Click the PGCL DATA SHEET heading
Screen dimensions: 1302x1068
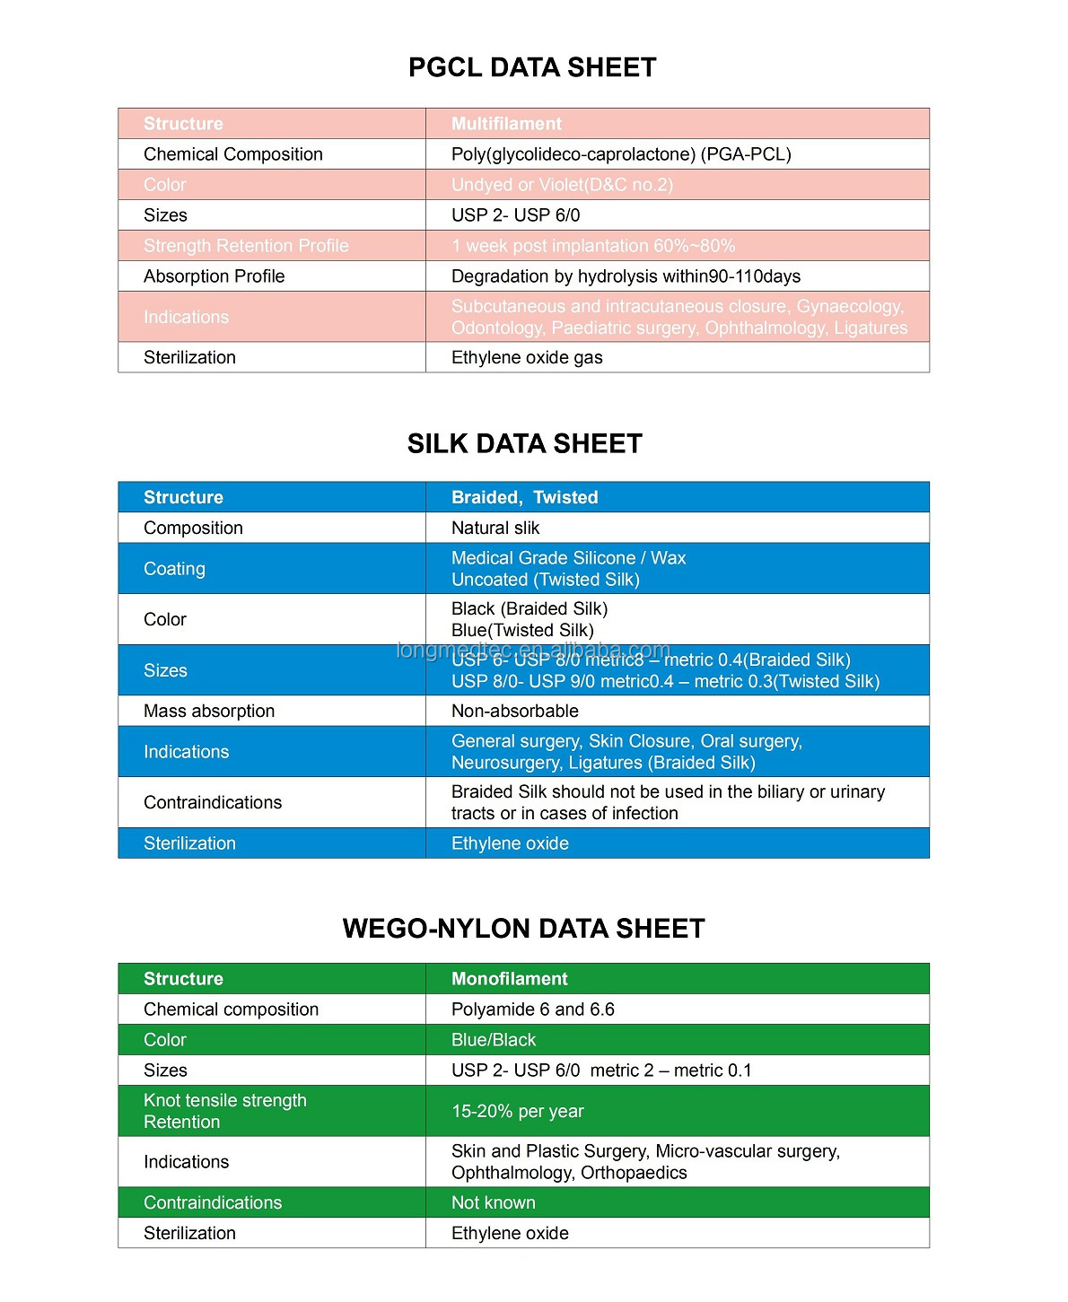click(x=532, y=67)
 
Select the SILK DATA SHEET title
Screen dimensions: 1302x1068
click(x=524, y=443)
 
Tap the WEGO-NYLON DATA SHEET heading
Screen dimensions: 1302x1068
click(x=523, y=928)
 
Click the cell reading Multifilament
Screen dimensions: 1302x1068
click(x=506, y=124)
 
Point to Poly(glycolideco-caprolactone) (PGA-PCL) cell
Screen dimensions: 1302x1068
click(x=621, y=154)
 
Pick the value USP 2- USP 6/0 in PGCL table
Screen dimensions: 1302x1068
click(x=515, y=215)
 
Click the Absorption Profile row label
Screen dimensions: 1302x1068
click(x=214, y=276)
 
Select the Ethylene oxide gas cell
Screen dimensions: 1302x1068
click(x=527, y=357)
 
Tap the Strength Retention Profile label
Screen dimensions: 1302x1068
click(x=246, y=246)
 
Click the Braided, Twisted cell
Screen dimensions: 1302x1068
click(x=524, y=497)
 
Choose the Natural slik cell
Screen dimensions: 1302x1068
click(x=495, y=528)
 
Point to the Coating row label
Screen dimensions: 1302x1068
click(x=174, y=569)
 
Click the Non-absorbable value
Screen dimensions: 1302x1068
click(x=514, y=711)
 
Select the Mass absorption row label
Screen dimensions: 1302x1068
click(x=209, y=711)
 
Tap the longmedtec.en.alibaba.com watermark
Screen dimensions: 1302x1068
click(x=533, y=650)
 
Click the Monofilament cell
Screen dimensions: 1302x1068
click(x=509, y=979)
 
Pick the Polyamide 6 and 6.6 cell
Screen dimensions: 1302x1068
click(x=532, y=1009)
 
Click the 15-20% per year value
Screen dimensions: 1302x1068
click(x=517, y=1111)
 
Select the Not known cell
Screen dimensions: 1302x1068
click(x=493, y=1202)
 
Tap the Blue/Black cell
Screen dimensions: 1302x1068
click(x=493, y=1040)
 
